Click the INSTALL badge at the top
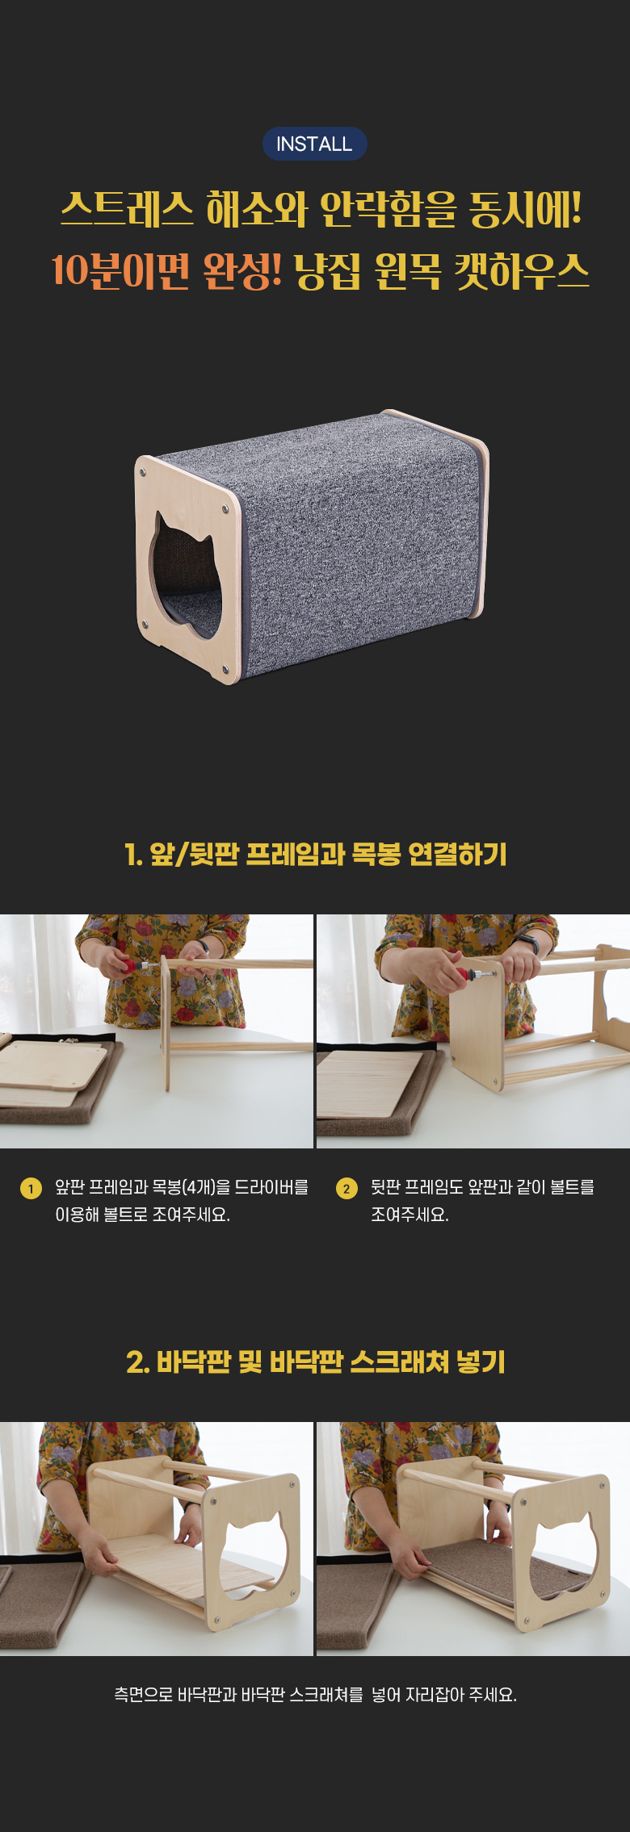[315, 144]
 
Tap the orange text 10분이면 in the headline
[120, 270]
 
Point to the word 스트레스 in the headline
[127, 209]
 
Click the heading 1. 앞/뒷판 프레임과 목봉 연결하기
[316, 854]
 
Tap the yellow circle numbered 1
[31, 1189]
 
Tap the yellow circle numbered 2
[346, 1189]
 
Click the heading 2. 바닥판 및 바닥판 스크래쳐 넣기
[316, 1362]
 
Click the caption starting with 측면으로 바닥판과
[315, 1695]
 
